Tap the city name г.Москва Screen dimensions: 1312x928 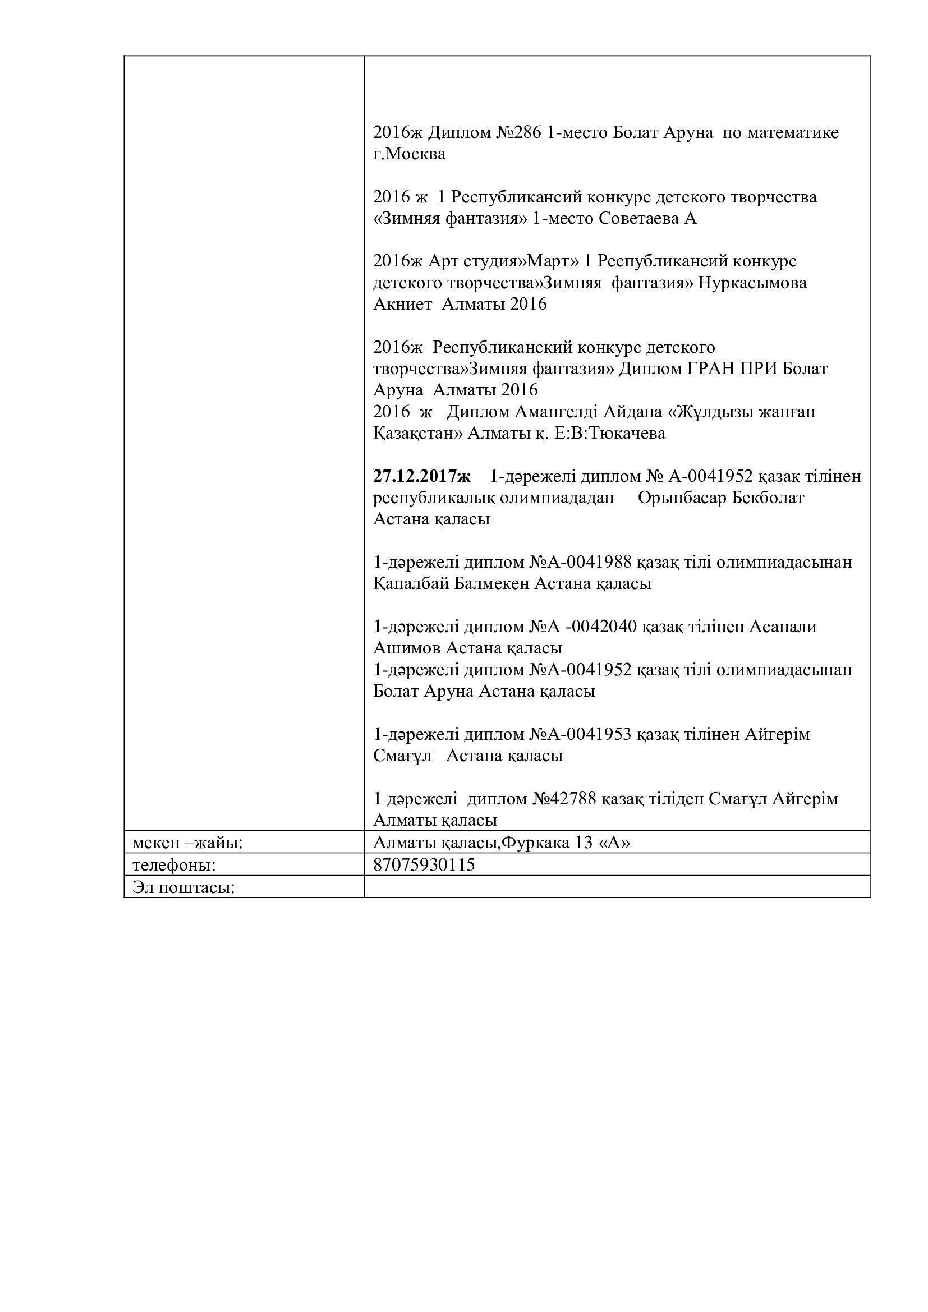[x=409, y=154]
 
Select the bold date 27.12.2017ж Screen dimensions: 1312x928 [x=421, y=476]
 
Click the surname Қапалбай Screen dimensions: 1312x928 [x=407, y=584]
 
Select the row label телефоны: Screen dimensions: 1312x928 [x=174, y=865]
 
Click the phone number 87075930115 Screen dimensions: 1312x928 [x=424, y=864]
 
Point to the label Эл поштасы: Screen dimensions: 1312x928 [x=184, y=887]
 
